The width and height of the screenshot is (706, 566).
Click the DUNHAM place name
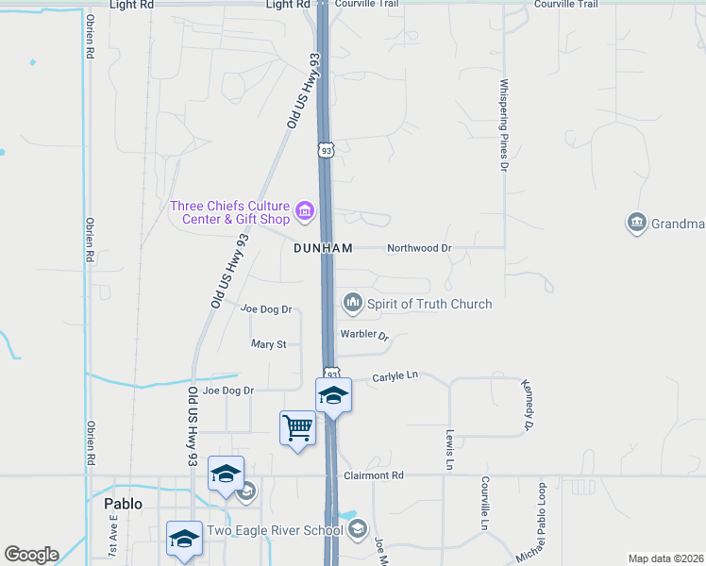[323, 248]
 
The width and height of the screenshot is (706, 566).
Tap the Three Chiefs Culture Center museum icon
[304, 210]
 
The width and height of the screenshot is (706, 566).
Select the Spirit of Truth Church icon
[353, 303]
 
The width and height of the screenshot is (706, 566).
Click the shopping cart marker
[298, 428]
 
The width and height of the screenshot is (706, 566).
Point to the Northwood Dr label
[420, 248]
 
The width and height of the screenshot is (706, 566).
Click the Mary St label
[269, 344]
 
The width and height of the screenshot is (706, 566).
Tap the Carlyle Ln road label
[395, 375]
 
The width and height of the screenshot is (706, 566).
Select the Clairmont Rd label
[374, 475]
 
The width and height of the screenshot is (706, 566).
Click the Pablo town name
[123, 504]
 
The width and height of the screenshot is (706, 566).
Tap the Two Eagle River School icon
[357, 530]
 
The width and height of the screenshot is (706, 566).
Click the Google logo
[31, 555]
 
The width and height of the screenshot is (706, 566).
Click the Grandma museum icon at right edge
[636, 223]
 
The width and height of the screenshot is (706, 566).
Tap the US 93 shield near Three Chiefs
[326, 150]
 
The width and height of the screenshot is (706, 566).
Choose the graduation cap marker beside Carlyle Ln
[333, 394]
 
